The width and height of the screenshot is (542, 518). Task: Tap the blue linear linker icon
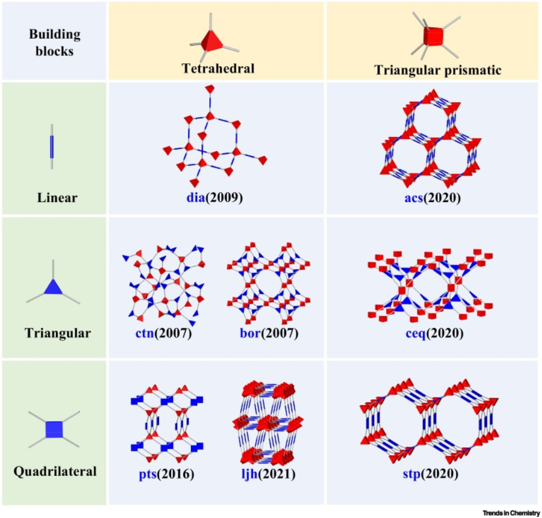tap(52, 147)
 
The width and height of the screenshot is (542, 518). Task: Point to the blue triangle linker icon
tap(53, 286)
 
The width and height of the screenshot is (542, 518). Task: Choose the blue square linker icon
tap(54, 430)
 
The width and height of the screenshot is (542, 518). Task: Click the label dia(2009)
tap(215, 197)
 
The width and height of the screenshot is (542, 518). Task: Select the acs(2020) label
tap(433, 197)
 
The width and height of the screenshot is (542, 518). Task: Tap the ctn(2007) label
tap(164, 333)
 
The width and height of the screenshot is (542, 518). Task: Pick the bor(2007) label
tap(269, 333)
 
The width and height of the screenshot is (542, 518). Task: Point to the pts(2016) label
tap(166, 474)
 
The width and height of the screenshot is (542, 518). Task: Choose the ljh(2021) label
tap(268, 474)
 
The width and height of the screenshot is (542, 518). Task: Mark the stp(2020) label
tap(431, 474)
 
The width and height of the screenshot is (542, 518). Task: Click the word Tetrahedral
tap(218, 68)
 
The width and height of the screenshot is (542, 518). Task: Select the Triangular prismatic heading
tap(438, 70)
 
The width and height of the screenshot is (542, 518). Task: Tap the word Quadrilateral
tap(55, 471)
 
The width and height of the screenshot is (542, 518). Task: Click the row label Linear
tap(57, 197)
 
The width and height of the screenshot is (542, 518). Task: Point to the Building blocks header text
tap(55, 42)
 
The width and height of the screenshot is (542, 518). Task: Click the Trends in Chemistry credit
tap(511, 513)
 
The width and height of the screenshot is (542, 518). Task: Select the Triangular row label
tap(58, 333)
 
